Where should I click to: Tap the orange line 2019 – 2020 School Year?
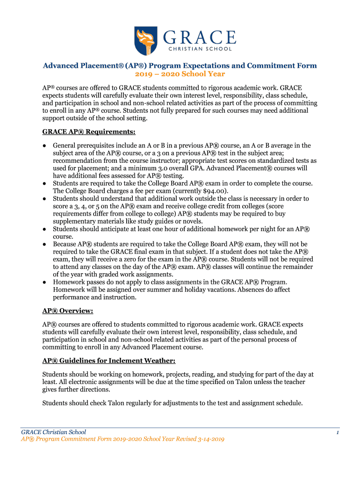pyautogui.click(x=180, y=74)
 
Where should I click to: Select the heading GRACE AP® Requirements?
pyautogui.click(x=89, y=131)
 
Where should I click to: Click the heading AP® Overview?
pyautogui.click(x=67, y=311)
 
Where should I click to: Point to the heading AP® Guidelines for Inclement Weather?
pyautogui.click(x=109, y=361)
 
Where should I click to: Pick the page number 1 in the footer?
pyautogui.click(x=337, y=433)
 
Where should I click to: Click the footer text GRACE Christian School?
pyautogui.click(x=53, y=432)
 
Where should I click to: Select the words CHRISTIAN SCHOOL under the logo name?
pyautogui.click(x=202, y=49)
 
